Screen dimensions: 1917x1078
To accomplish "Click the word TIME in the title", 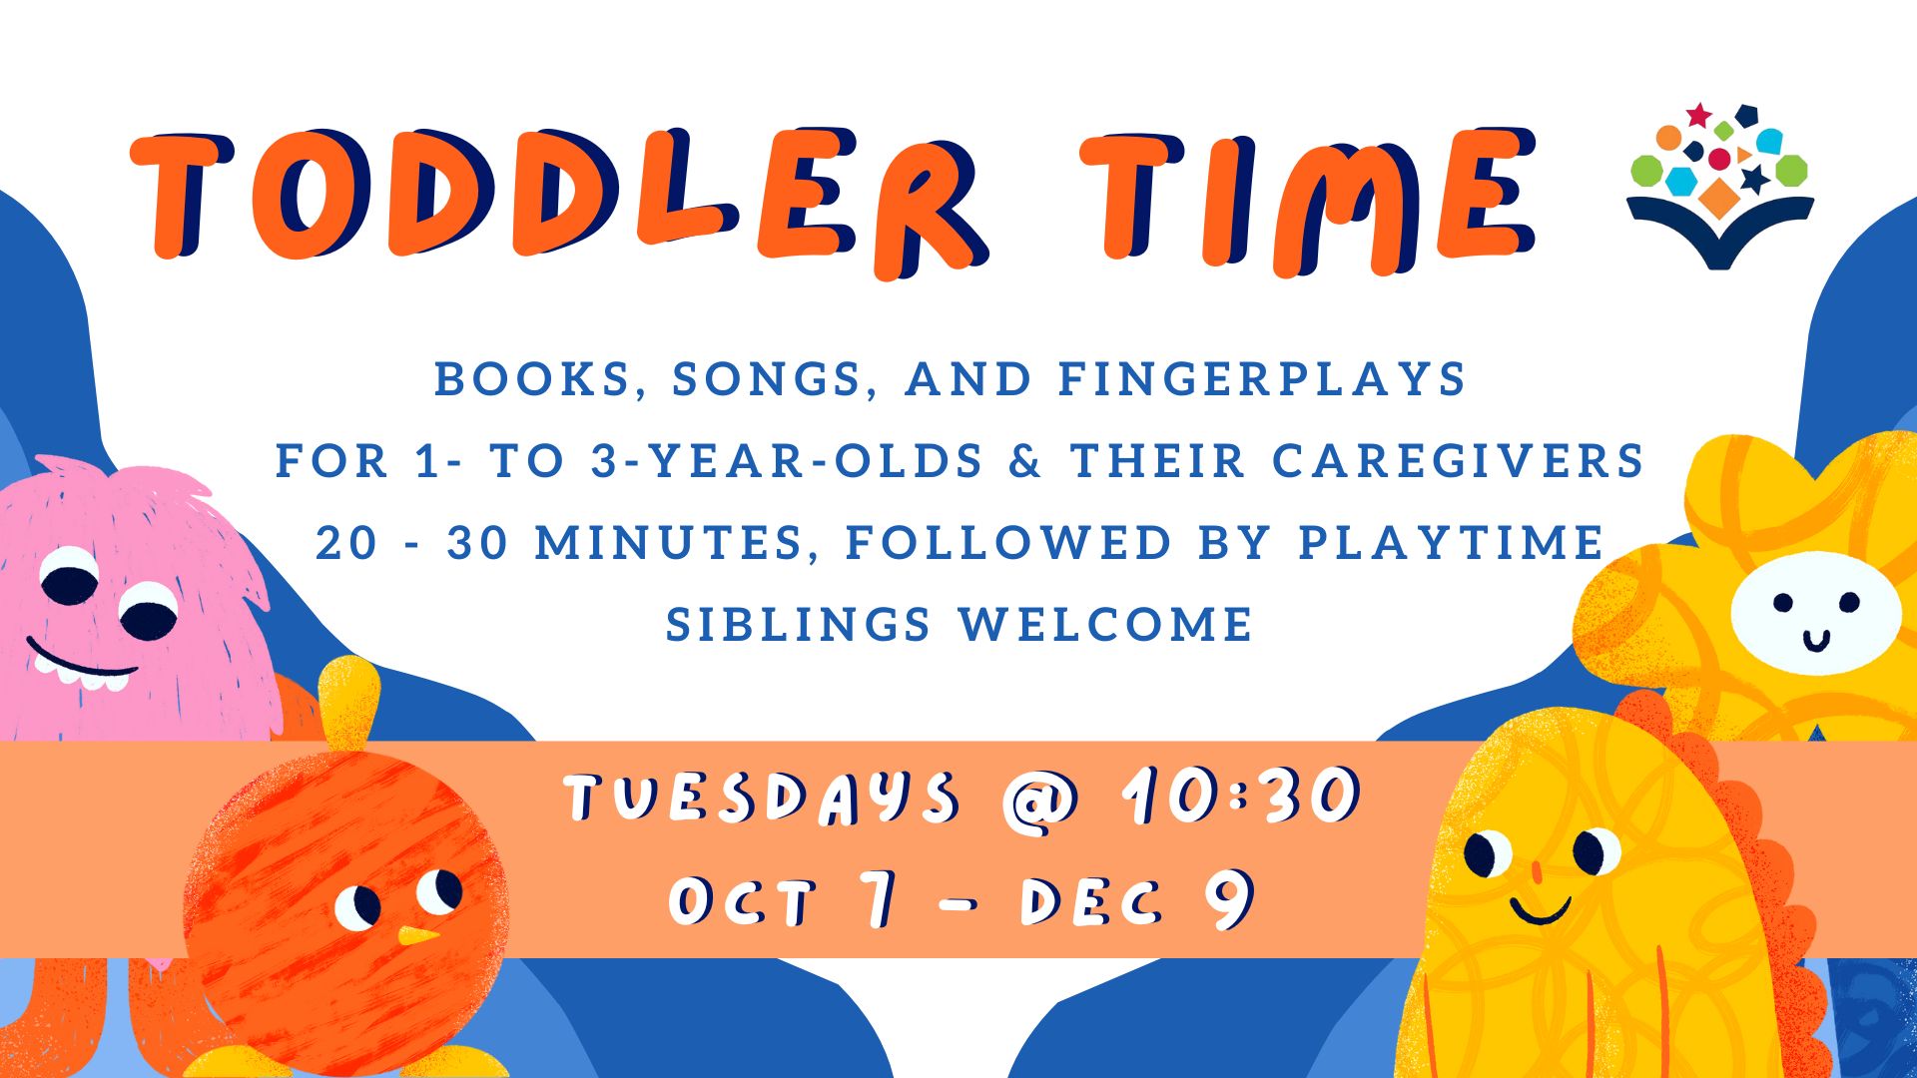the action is point(1308,200).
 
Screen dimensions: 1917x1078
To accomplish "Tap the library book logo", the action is point(1719,186).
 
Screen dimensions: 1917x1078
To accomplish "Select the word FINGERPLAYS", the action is point(1262,379).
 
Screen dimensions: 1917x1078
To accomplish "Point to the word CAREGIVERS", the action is point(1458,461).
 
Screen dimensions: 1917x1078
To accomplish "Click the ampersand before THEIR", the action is point(1025,461).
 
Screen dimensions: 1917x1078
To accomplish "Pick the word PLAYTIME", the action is point(1451,543).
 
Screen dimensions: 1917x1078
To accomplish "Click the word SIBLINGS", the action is point(798,625).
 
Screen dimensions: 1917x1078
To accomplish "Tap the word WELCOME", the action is point(1106,625).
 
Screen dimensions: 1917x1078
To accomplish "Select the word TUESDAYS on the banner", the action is point(764,799).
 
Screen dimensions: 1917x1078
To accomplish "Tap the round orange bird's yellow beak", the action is point(419,935).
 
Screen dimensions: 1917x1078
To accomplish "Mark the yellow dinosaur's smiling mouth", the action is point(1540,911).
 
